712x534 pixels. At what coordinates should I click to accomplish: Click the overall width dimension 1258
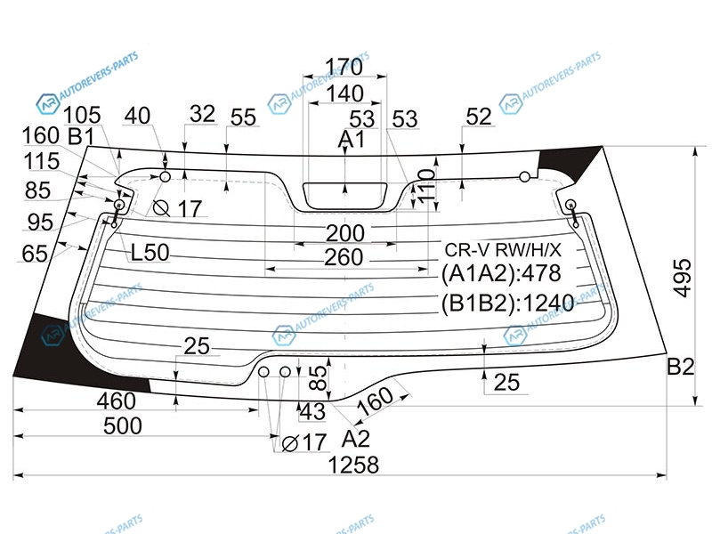pyautogui.click(x=353, y=465)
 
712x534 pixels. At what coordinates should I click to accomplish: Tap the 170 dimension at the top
pyautogui.click(x=343, y=67)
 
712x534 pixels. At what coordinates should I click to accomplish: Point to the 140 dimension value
pyautogui.click(x=344, y=93)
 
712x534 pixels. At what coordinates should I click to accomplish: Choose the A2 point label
pyautogui.click(x=355, y=439)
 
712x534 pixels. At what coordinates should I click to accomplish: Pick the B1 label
pyautogui.click(x=82, y=136)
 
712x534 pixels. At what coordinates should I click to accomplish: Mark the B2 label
pyautogui.click(x=681, y=366)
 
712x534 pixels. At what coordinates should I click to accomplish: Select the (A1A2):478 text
pyautogui.click(x=501, y=274)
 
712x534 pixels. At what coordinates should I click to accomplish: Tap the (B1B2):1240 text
pyautogui.click(x=504, y=304)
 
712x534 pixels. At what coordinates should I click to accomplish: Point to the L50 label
pyautogui.click(x=150, y=253)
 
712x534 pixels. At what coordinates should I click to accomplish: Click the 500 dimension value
pyautogui.click(x=122, y=425)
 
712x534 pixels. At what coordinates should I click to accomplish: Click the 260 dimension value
pyautogui.click(x=344, y=258)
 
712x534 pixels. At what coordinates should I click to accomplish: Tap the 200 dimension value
pyautogui.click(x=344, y=233)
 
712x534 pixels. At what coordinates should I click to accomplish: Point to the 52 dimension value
pyautogui.click(x=479, y=116)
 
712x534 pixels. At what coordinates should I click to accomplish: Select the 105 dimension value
pyautogui.click(x=82, y=114)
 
